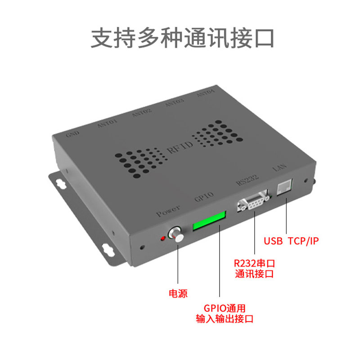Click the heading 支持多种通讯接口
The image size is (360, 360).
182,38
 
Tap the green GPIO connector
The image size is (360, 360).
208,221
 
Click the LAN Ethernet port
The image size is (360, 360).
285,186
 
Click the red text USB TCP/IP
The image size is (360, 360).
291,241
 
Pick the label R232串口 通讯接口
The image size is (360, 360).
254,268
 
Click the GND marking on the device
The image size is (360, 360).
72,134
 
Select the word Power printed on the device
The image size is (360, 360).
168,210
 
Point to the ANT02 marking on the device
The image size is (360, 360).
142,112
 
